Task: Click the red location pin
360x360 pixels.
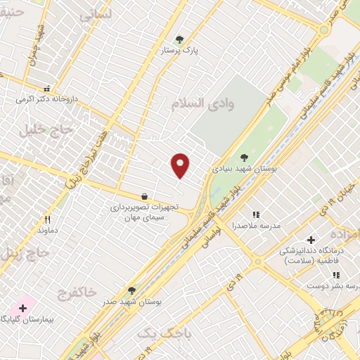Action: coord(181,165)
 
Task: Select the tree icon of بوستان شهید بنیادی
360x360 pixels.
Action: coord(244,157)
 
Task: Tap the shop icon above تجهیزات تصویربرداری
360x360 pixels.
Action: coord(144,196)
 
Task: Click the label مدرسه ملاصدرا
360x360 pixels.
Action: coord(256,226)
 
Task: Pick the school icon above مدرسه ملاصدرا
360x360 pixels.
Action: coord(256,214)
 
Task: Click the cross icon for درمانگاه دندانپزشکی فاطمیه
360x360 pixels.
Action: coord(311,240)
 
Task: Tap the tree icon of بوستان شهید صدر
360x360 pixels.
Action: coord(131,290)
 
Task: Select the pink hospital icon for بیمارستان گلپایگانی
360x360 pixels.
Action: coord(23,307)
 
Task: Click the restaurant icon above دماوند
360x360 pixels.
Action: coord(47,219)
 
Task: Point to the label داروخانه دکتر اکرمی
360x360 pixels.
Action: coord(46,99)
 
